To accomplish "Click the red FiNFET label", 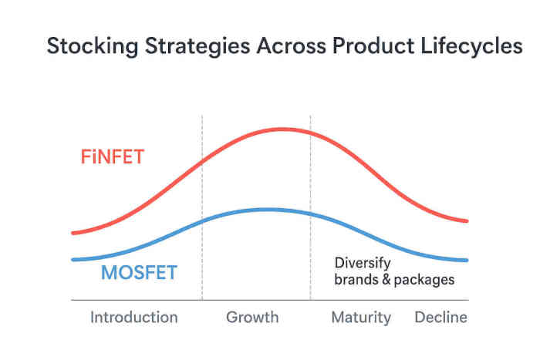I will click(113, 158).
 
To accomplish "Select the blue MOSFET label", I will click(139, 273).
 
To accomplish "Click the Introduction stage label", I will click(133, 318).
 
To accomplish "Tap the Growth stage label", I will click(252, 318).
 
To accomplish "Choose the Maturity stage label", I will click(361, 318).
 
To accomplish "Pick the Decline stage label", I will click(441, 318).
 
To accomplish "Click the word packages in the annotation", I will click(424, 280).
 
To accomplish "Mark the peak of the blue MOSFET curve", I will click(266, 209).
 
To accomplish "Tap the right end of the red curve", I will click(467, 221).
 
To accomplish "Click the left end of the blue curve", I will click(73, 259).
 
